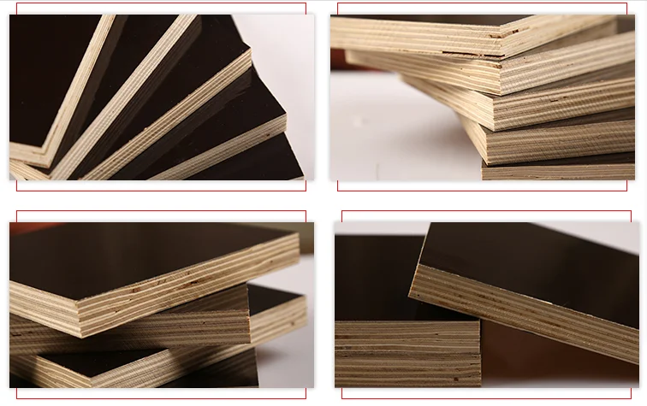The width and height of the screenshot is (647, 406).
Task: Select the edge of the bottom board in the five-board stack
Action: tap(556, 171)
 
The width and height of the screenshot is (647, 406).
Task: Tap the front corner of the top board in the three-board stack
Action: tap(75, 300)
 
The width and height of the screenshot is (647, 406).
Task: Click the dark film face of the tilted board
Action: tap(531, 256)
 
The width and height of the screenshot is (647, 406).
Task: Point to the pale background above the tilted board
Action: tap(385, 227)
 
